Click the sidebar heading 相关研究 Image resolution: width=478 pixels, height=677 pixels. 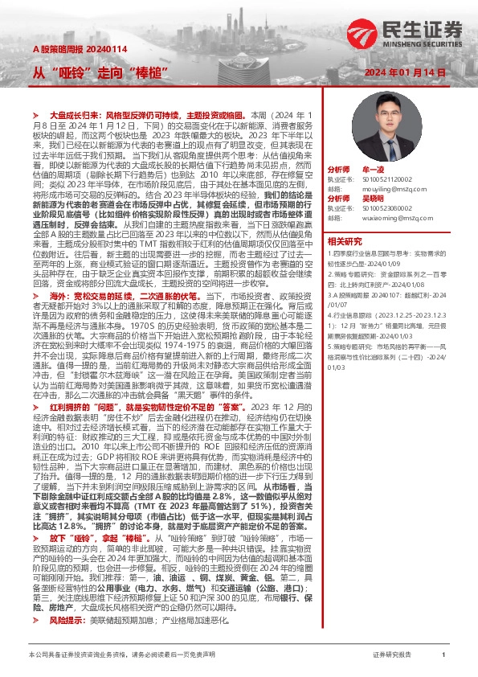click(345, 241)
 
